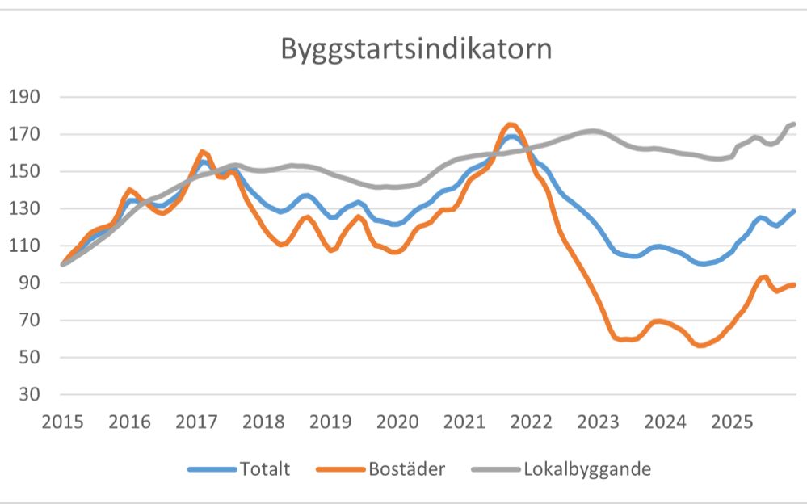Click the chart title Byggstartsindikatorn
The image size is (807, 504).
[x=416, y=48]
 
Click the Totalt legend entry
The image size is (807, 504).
[x=263, y=468]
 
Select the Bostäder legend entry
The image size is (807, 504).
[x=406, y=468]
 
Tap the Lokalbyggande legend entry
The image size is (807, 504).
[x=587, y=468]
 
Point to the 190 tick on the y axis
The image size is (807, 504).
[x=24, y=98]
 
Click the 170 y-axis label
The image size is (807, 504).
[x=24, y=135]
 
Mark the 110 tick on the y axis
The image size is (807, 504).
[x=24, y=246]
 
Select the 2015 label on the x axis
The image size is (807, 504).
[x=62, y=421]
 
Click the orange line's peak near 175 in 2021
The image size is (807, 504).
[x=510, y=124]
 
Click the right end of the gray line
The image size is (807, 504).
[x=794, y=124]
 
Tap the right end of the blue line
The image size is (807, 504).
[x=794, y=211]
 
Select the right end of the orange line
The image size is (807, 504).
[x=794, y=284]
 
